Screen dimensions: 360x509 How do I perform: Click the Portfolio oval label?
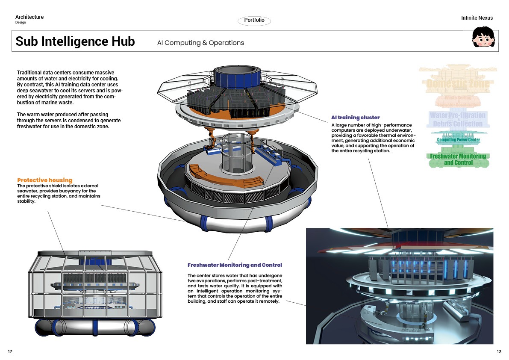point(254,21)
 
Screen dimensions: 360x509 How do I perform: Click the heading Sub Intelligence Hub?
point(75,41)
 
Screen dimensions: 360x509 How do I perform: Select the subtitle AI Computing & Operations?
point(200,43)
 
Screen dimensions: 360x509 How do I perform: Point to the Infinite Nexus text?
point(477,18)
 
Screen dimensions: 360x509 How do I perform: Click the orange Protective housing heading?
point(45,180)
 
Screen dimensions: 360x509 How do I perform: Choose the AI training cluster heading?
point(355,118)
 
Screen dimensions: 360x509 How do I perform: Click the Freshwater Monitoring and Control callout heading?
point(235,265)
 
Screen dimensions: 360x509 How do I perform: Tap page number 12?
point(10,351)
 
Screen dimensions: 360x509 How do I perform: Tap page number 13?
point(499,351)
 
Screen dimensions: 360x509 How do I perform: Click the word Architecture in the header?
point(29,17)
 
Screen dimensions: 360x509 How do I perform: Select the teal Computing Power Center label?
point(458,140)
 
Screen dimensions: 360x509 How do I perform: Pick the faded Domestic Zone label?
point(458,84)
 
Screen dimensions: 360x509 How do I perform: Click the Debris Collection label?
point(458,124)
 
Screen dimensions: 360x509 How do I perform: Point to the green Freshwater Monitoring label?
point(458,156)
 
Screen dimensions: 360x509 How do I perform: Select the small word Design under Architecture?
point(21,23)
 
